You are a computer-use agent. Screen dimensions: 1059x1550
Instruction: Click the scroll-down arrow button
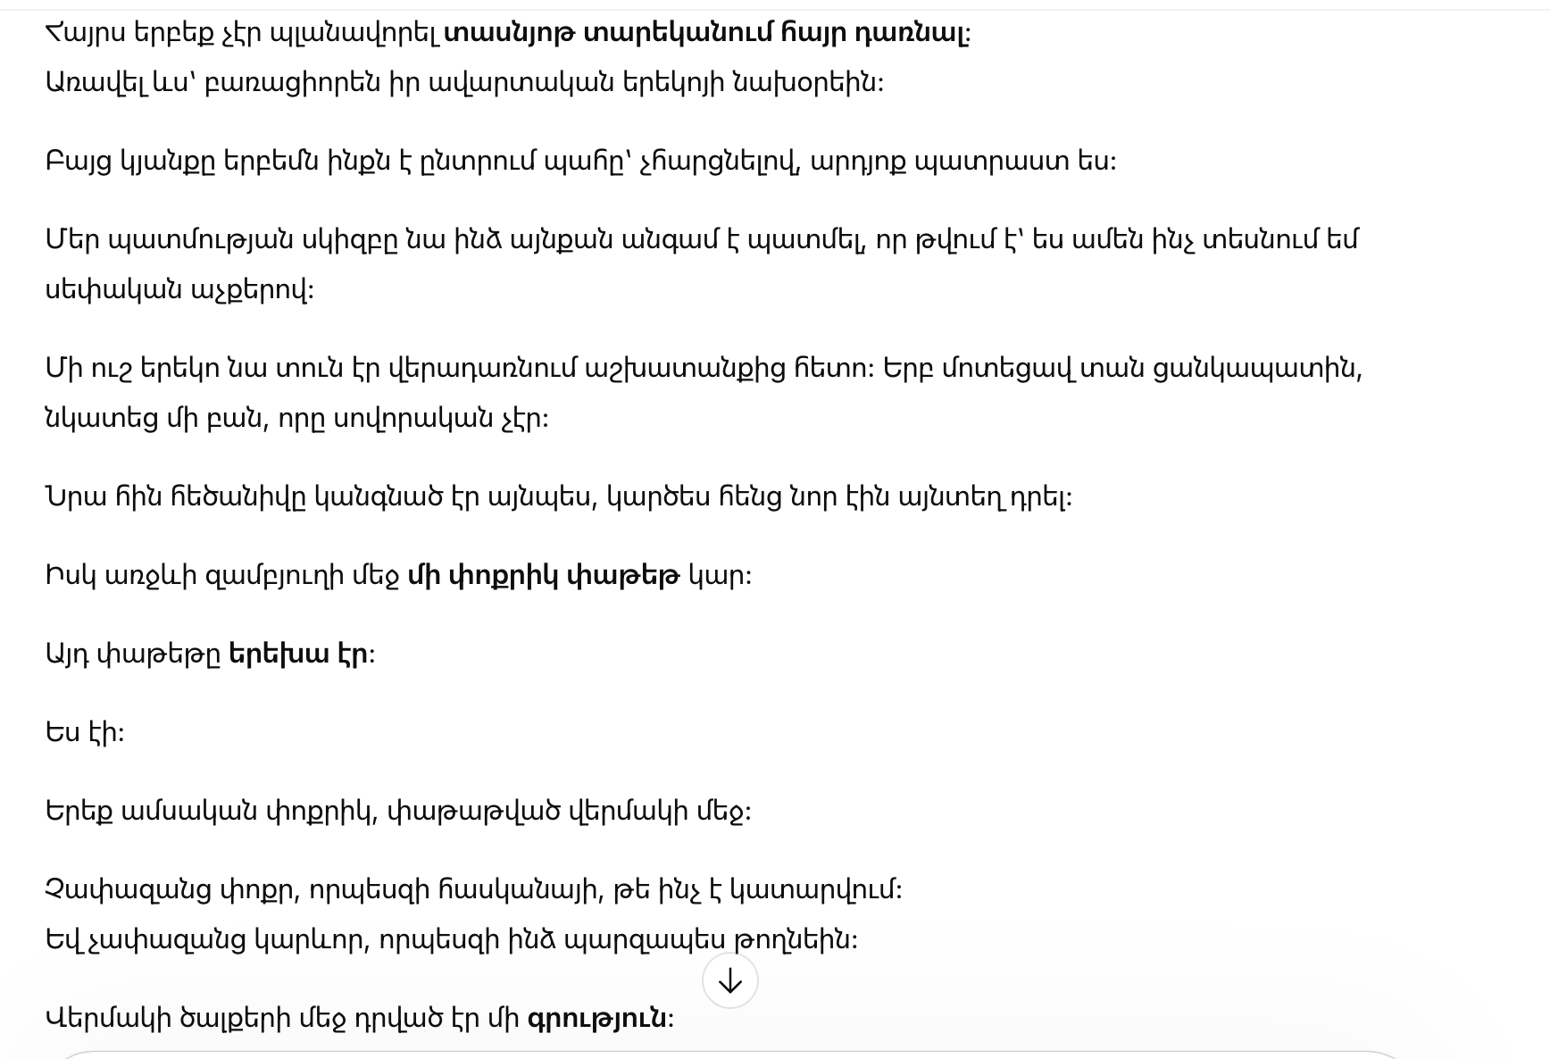coord(729,981)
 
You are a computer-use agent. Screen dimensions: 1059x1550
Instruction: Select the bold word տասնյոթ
coord(510,33)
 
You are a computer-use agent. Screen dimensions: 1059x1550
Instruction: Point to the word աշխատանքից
coord(685,369)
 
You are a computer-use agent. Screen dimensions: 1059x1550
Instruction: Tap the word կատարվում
coord(815,890)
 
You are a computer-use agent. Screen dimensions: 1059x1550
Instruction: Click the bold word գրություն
coord(597,1019)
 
